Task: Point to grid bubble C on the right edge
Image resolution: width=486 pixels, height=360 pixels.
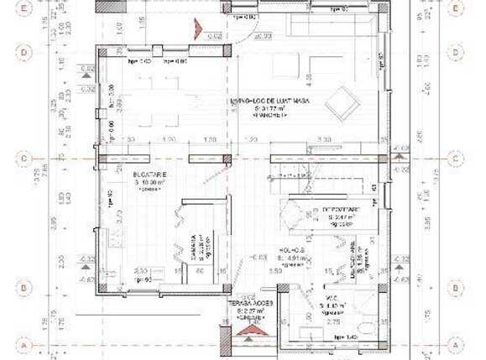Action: click(x=455, y=157)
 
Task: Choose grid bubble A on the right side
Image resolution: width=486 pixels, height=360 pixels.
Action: click(x=455, y=345)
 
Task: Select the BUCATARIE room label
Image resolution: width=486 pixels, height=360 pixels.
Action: click(x=149, y=174)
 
